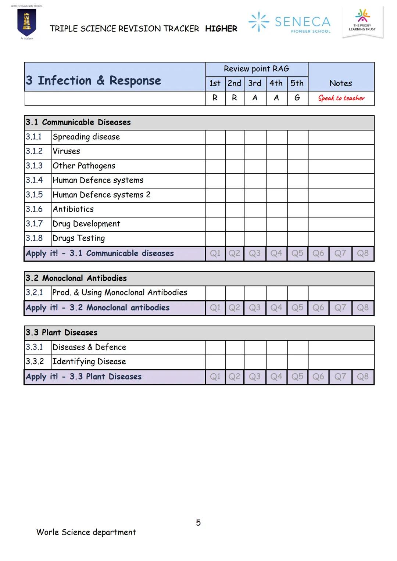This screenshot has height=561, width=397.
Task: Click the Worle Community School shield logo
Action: (x=27, y=23)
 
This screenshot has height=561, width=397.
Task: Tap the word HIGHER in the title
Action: (x=221, y=29)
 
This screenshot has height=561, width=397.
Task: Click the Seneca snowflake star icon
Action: (x=259, y=21)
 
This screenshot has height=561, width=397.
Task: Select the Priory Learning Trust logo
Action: (x=362, y=21)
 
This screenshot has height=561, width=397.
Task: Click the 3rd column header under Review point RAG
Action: (x=254, y=83)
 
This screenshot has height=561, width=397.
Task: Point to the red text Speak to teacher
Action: (x=341, y=98)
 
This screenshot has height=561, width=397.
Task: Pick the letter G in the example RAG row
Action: (x=297, y=98)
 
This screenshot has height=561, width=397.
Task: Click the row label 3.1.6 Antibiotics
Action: (x=73, y=209)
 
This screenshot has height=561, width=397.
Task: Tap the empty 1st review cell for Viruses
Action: (x=215, y=151)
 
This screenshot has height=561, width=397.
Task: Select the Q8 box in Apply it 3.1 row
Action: (x=362, y=253)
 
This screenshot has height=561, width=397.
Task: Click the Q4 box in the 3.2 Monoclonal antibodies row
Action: (x=276, y=308)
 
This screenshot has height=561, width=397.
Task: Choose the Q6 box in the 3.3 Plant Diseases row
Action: (x=318, y=377)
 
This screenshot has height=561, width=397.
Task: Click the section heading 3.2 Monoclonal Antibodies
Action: (x=76, y=278)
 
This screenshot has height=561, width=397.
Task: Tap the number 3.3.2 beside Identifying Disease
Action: (x=35, y=362)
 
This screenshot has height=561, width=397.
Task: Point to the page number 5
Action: (x=198, y=523)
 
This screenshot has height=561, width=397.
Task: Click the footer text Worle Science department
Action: (x=86, y=532)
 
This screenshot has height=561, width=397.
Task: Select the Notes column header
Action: (x=340, y=83)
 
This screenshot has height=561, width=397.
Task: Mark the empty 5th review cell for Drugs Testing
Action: (x=297, y=238)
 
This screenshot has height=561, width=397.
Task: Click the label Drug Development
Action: (x=86, y=224)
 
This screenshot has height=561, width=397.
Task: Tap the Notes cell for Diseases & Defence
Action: (x=341, y=347)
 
